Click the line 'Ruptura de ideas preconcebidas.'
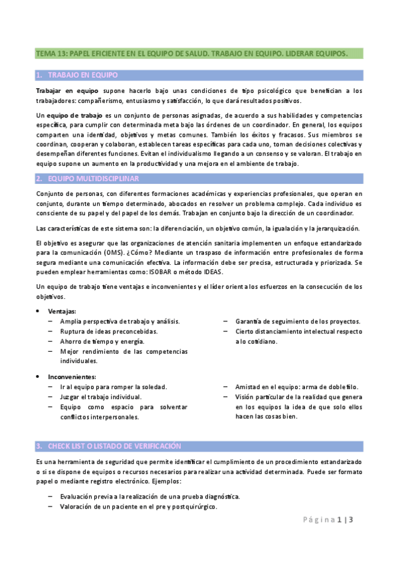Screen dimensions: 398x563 point(109,331)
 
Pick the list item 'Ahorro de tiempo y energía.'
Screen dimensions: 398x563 point(101,341)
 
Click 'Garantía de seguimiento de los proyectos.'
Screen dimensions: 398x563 point(298,321)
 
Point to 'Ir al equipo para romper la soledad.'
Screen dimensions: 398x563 point(113,386)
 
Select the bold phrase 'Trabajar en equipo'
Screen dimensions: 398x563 point(66,90)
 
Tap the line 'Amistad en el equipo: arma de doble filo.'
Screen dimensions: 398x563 point(296,386)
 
